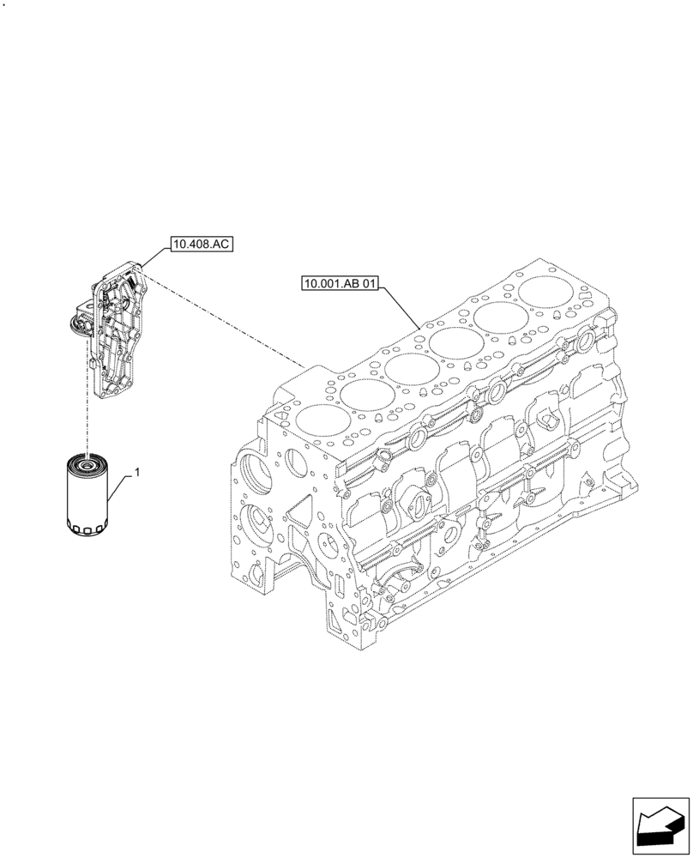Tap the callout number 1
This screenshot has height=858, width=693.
136,473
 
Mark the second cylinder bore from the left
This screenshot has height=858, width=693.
364,396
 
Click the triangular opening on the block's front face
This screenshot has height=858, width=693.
300,515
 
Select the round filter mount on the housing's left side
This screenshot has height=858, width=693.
76,324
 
